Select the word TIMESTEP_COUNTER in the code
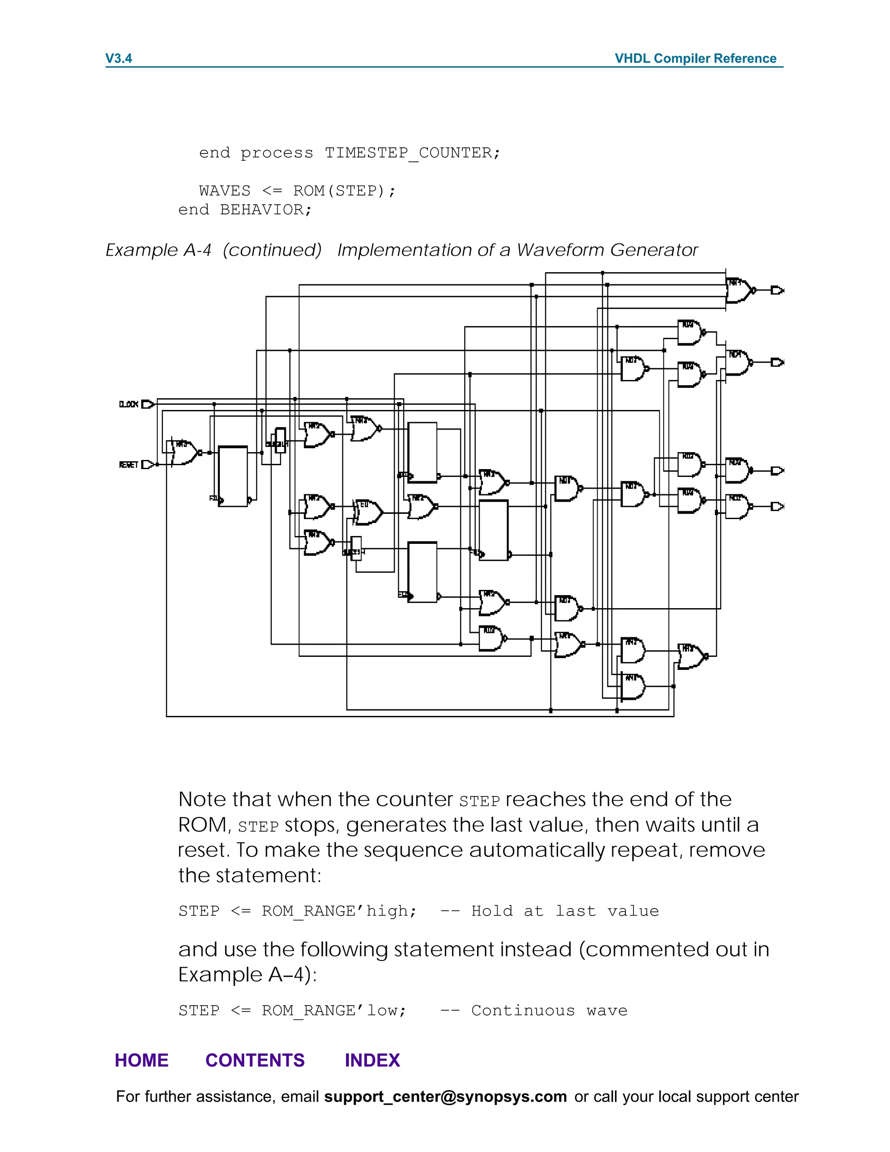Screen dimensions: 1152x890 (408, 153)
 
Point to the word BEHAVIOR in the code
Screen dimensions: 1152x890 (262, 210)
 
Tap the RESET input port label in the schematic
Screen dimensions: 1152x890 (129, 465)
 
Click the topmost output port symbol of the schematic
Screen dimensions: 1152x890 (777, 290)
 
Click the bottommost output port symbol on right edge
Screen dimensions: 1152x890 (777, 506)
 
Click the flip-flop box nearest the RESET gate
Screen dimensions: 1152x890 (233, 476)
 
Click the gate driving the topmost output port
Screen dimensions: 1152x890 (740, 290)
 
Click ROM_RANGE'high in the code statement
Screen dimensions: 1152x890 (339, 911)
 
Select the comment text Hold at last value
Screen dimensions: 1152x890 (565, 911)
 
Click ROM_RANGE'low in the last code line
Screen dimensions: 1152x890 (334, 1010)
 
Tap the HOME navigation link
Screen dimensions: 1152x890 (141, 1060)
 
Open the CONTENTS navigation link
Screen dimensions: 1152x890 (255, 1060)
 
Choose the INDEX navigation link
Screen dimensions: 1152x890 (372, 1060)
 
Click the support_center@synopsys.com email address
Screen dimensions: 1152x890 (445, 1097)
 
